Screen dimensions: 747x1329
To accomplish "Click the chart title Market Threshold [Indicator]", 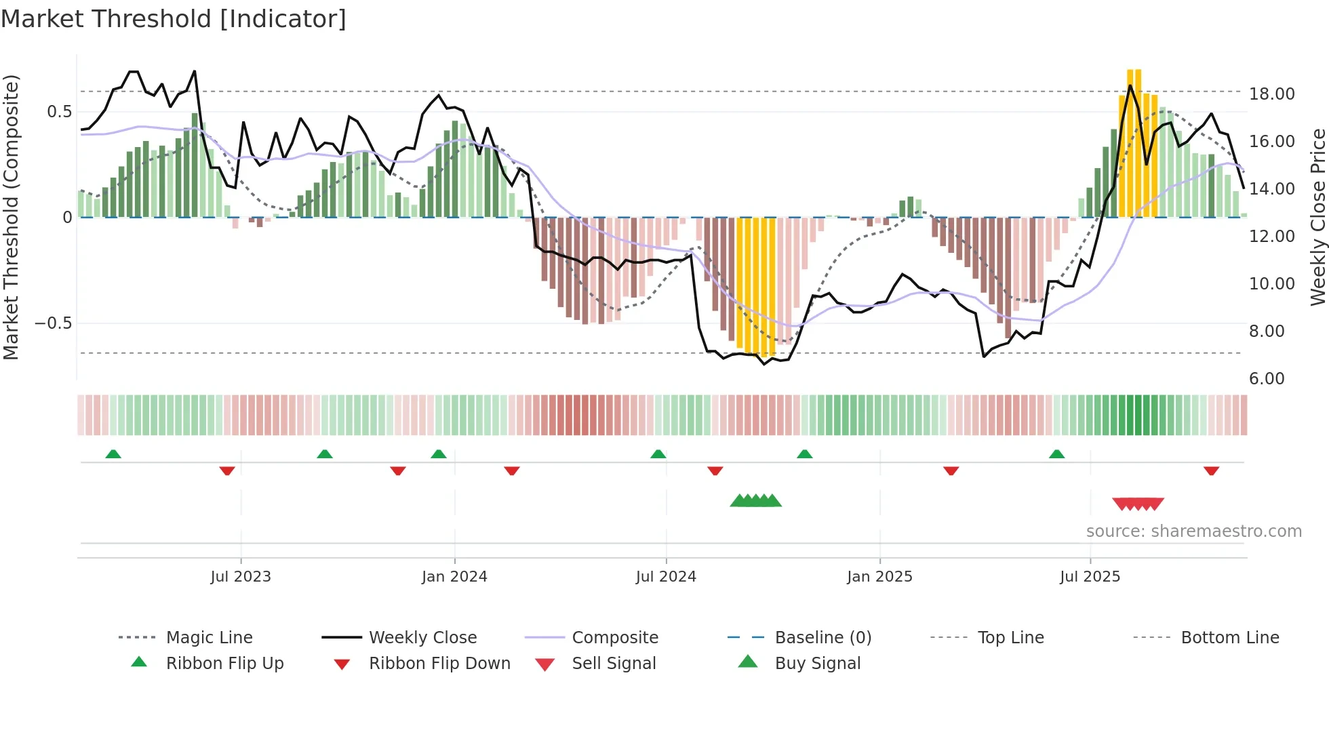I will pyautogui.click(x=174, y=19).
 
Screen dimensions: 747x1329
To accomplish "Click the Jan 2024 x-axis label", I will pyautogui.click(x=454, y=577).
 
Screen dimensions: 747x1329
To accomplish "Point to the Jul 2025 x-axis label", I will pyautogui.click(x=1090, y=577).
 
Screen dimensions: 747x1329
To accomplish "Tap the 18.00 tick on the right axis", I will pyautogui.click(x=1271, y=94).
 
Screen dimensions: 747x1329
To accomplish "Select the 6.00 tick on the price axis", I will pyautogui.click(x=1267, y=379).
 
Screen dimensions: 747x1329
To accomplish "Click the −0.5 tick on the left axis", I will pyautogui.click(x=54, y=323).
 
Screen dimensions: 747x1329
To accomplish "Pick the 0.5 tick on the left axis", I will pyautogui.click(x=59, y=112).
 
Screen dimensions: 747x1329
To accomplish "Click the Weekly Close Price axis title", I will pyautogui.click(x=1317, y=217).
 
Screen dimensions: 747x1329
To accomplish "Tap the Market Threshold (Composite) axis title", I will pyautogui.click(x=11, y=217).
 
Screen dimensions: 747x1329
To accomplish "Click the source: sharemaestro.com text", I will pyautogui.click(x=1193, y=531).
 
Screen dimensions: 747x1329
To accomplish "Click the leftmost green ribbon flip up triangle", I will pyautogui.click(x=113, y=454).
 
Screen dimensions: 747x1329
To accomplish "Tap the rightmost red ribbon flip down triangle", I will pyautogui.click(x=1211, y=470).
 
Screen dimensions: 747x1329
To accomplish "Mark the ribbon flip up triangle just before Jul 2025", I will pyautogui.click(x=1056, y=454).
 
